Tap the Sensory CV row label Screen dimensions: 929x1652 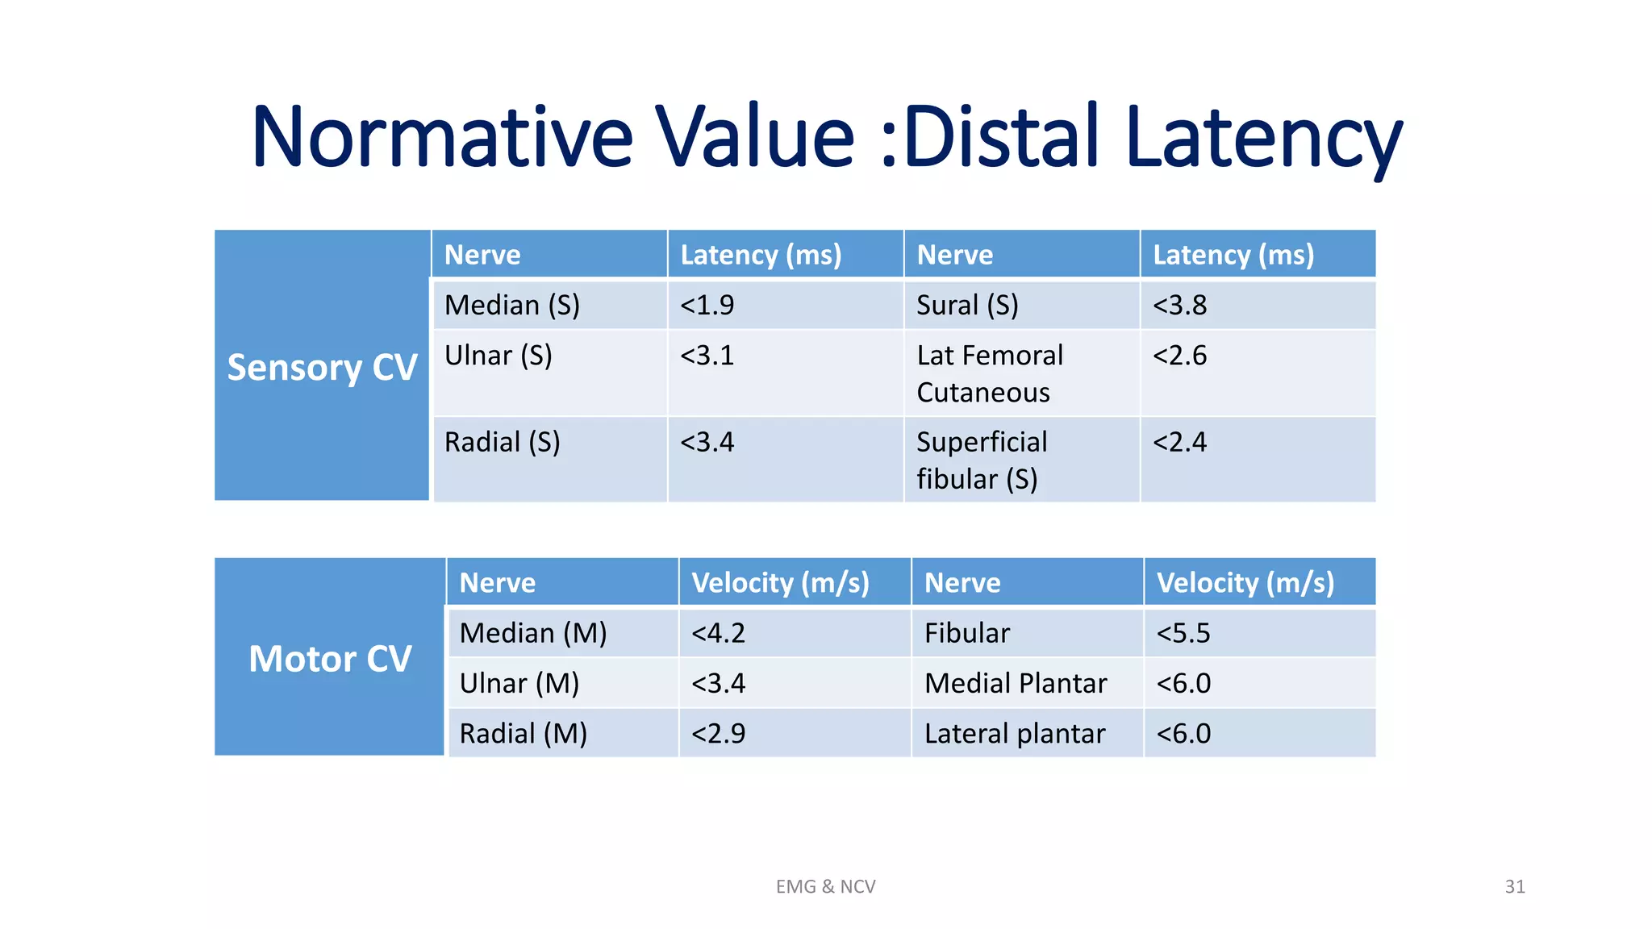322,368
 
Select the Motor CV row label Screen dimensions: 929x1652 330,659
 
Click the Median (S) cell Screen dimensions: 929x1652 512,306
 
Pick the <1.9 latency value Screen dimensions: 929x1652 707,306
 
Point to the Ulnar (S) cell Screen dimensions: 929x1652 499,356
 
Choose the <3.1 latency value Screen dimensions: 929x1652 707,356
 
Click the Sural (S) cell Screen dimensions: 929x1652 967,306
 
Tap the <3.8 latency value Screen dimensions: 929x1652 1179,306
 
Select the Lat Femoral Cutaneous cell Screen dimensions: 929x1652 990,374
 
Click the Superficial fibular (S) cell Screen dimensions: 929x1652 982,460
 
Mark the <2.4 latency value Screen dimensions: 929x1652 1179,443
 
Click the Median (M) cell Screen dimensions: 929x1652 533,634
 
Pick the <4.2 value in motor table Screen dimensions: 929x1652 718,634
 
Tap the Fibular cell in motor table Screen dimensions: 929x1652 966,634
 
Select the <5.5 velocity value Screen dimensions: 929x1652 1183,634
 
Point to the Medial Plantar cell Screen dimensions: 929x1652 1016,684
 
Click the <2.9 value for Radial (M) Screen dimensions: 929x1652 718,734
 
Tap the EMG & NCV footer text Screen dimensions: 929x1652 825,887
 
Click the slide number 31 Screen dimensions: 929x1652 1515,887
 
